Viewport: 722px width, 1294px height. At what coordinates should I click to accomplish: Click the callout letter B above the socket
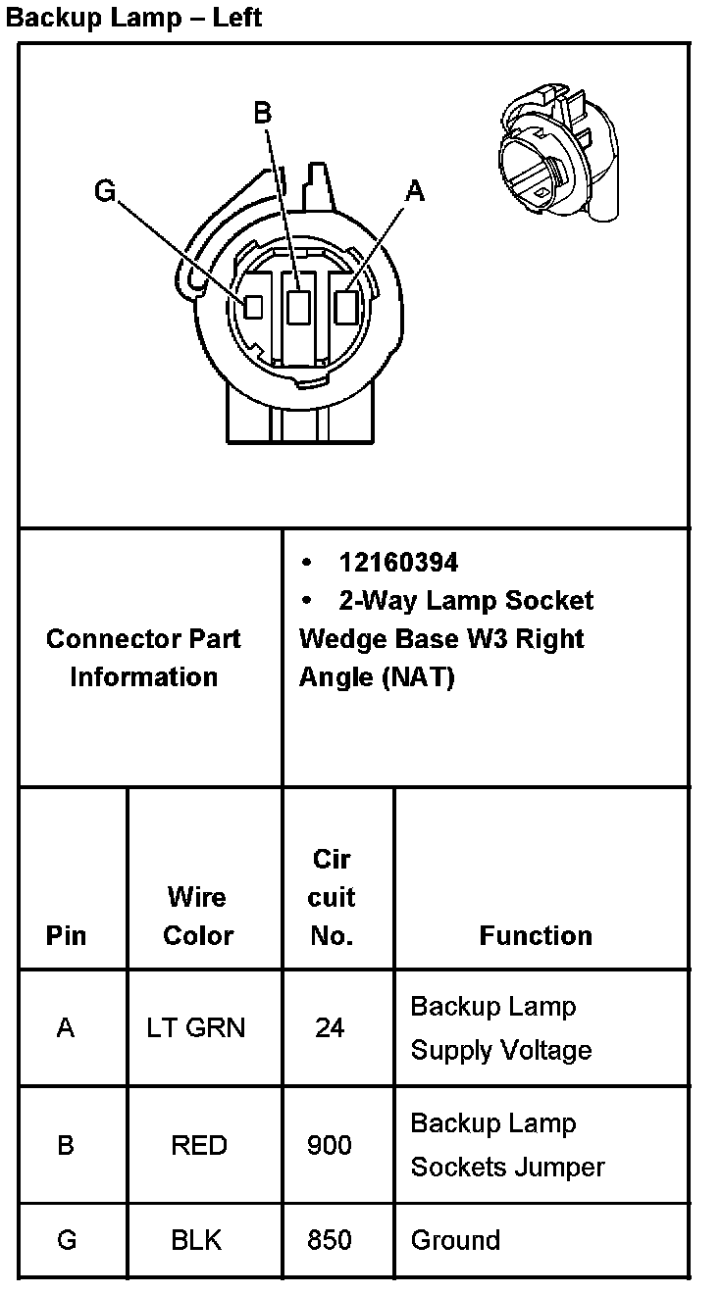click(262, 114)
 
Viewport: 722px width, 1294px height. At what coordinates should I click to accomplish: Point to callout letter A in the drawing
click(415, 190)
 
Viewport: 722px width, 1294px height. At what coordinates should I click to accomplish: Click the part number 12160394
click(398, 562)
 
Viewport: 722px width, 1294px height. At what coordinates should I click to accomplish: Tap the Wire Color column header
click(198, 916)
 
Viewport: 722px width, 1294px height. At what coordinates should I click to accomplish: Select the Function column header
click(536, 935)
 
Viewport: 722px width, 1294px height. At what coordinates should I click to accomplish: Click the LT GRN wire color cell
click(196, 1027)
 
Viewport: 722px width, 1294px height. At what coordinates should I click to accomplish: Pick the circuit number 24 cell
click(330, 1027)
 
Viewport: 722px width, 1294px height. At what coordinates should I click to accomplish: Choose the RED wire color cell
click(199, 1144)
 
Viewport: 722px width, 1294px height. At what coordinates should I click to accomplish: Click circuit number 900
click(330, 1144)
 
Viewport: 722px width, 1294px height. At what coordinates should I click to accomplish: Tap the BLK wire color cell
click(196, 1240)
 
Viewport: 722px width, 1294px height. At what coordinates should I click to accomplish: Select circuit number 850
click(330, 1240)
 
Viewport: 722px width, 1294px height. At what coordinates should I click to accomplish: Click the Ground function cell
click(455, 1240)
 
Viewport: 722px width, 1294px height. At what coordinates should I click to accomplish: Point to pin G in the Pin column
click(67, 1240)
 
